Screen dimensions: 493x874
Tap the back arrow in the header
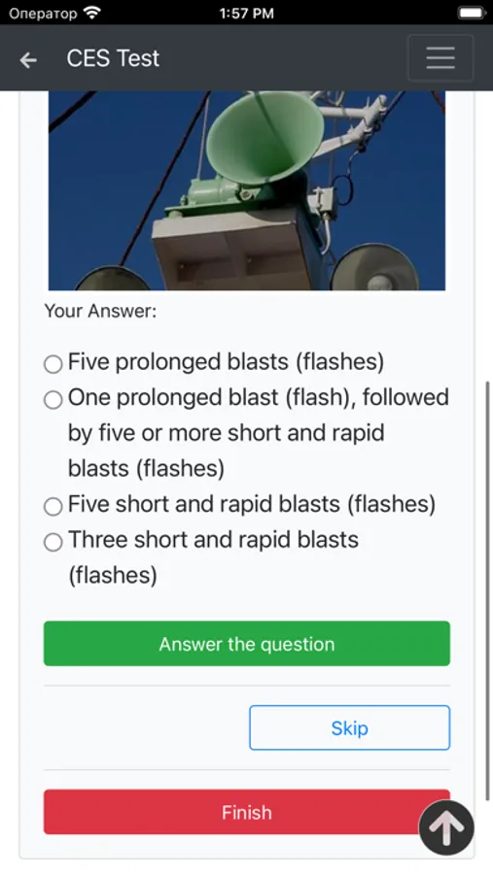pos(28,59)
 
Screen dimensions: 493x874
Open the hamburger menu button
pos(440,58)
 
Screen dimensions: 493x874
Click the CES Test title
pos(113,58)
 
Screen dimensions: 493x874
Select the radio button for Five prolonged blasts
pos(53,364)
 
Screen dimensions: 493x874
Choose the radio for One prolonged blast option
pos(53,400)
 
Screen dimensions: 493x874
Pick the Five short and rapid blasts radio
pos(53,506)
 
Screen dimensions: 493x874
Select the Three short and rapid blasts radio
pos(53,542)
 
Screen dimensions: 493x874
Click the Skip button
pos(349,728)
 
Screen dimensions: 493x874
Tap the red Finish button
pos(247,812)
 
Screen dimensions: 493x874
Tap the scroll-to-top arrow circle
pos(446,827)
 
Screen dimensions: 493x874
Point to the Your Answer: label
pos(100,311)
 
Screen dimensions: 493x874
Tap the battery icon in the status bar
pos(472,13)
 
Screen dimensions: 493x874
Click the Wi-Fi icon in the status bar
pos(92,13)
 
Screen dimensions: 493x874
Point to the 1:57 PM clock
pos(247,13)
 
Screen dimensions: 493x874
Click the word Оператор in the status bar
pos(43,14)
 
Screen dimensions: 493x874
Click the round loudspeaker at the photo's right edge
pos(374,268)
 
